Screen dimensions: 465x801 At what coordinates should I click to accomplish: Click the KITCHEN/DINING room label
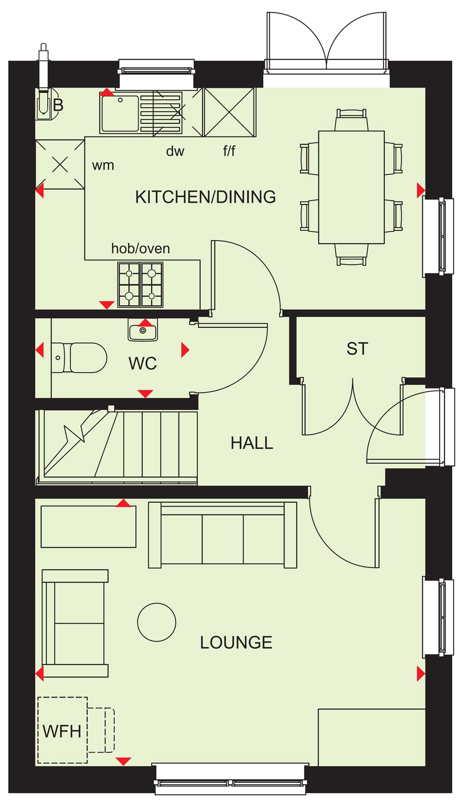[205, 197]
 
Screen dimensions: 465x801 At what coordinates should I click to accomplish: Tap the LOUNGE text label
[236, 643]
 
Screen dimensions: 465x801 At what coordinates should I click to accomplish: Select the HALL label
[252, 443]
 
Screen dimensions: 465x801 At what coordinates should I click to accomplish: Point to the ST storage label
[357, 349]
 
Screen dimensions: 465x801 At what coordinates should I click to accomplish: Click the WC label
[143, 364]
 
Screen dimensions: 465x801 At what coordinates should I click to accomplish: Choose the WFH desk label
[62, 732]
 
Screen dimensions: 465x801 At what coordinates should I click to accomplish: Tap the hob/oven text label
[141, 249]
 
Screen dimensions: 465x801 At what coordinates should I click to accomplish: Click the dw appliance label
[175, 151]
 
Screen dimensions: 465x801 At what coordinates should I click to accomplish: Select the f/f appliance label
[229, 151]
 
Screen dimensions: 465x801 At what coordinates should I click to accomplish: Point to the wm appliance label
[103, 166]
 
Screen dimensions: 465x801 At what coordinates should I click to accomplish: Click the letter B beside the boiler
[58, 105]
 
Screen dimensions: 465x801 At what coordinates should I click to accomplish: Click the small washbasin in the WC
[143, 330]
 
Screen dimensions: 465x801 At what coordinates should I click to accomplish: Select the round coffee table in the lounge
[157, 622]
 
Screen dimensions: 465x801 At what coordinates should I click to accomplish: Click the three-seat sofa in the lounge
[223, 535]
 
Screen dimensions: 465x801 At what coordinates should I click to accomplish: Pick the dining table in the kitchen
[351, 187]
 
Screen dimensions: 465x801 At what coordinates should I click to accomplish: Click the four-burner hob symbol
[140, 285]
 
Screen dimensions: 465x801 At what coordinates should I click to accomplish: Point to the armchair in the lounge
[75, 624]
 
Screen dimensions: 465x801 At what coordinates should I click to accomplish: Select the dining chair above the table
[351, 120]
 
